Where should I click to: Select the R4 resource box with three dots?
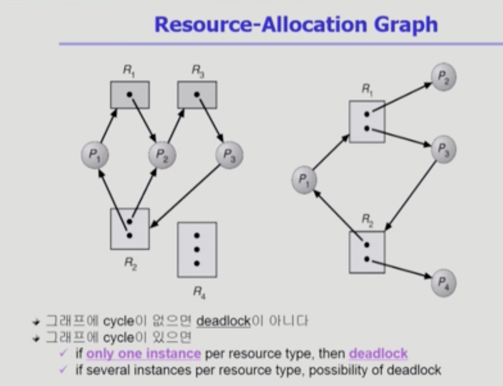197,249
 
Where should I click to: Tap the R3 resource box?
197,95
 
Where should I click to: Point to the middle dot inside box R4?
197,249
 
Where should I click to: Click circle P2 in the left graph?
162,154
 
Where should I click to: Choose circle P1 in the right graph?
304,179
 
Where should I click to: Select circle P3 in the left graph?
229,154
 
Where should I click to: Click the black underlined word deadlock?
224,322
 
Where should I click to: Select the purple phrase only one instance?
143,354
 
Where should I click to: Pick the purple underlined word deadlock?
378,354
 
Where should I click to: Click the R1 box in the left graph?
129,95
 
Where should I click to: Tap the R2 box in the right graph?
367,252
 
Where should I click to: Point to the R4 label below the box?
199,292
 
